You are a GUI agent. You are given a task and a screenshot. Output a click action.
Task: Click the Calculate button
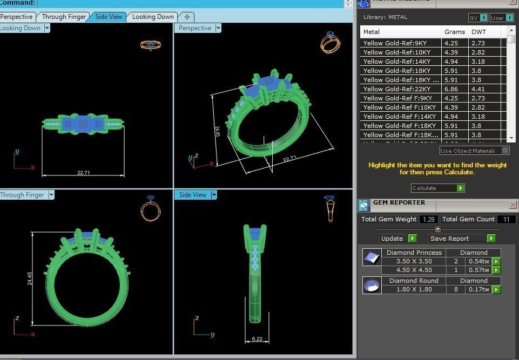[x=437, y=188]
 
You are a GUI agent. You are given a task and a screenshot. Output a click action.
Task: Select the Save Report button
[x=462, y=239]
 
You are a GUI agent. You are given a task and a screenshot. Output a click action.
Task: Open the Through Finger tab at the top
[x=64, y=17]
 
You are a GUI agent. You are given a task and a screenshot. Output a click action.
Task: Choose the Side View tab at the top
[x=109, y=17]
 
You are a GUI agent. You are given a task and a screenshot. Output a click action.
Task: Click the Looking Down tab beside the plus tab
[x=153, y=17]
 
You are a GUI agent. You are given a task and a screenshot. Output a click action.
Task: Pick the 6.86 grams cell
[x=451, y=89]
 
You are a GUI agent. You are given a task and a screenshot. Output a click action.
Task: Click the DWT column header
[x=478, y=32]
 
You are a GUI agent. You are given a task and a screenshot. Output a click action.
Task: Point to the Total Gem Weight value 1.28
[x=429, y=219]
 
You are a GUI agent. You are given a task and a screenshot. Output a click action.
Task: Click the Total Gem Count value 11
[x=506, y=219]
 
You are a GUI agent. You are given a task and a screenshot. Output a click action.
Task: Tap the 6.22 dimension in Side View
[x=257, y=339]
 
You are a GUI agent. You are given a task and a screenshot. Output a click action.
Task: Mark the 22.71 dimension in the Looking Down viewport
[x=83, y=173]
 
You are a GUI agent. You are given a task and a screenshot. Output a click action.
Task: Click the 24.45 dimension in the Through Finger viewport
[x=29, y=278]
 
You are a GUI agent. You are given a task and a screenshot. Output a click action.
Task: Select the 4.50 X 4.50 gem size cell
[x=414, y=270]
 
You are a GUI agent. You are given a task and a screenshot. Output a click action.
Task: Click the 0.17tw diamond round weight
[x=478, y=289]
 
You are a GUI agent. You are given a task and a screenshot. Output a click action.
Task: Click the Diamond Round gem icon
[x=372, y=285]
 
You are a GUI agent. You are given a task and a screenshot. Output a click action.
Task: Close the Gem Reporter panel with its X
[x=513, y=205]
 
